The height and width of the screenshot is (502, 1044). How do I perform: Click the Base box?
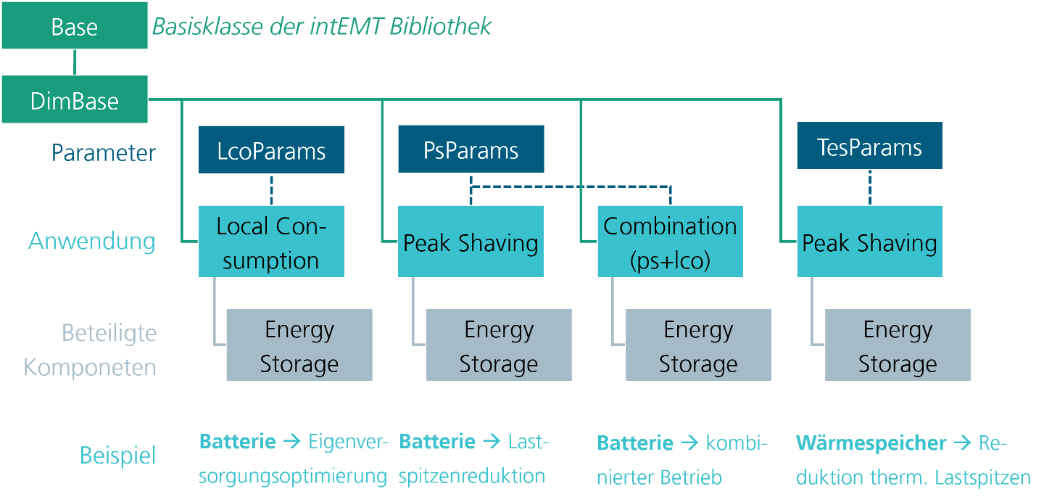pos(75,27)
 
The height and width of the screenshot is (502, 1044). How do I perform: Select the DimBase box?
pos(75,99)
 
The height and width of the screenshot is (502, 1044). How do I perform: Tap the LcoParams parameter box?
pos(271,150)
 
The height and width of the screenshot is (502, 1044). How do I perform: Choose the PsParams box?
pos(471,150)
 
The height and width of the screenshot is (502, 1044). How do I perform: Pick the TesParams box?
pos(869,147)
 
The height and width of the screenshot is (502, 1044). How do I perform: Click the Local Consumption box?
pos(271,242)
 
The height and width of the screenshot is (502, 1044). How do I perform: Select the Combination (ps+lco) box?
pos(670,242)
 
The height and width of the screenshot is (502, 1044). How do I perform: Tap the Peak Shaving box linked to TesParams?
pos(869,242)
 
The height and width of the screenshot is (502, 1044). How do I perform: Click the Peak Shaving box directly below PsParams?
pos(471,242)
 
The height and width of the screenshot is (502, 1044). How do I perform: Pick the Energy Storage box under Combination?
pos(698,345)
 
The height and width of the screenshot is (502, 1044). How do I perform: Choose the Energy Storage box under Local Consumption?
pos(299,345)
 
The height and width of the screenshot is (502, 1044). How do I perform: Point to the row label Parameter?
pos(104,153)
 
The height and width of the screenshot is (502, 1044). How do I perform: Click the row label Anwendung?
pos(92,241)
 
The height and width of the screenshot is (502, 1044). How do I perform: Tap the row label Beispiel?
pos(117,456)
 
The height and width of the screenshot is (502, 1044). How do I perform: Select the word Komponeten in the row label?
pos(90,367)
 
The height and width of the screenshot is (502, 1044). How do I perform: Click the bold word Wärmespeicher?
pos(871,443)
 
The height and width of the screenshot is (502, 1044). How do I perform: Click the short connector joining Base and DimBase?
pos(75,62)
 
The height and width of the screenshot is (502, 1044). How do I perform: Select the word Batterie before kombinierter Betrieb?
pos(635,443)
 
